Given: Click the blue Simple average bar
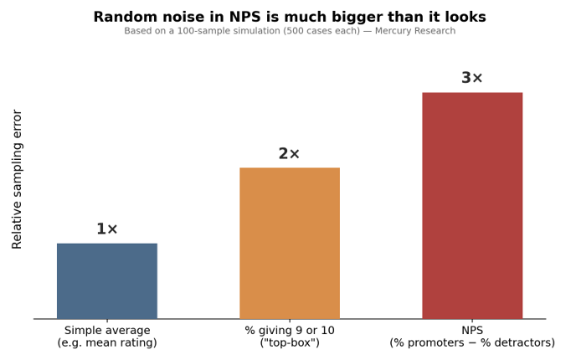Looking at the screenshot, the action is (x=107, y=281).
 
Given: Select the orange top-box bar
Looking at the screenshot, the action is (x=290, y=243).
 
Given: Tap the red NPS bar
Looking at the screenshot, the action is (x=472, y=206).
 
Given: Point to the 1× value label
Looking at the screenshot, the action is (x=107, y=229).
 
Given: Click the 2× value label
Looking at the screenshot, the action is (x=289, y=153).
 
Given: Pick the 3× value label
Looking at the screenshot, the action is (x=472, y=78).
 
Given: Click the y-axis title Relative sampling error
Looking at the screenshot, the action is (x=17, y=179).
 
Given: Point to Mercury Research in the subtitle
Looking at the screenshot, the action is (x=415, y=31).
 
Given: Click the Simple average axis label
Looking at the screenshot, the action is (x=107, y=331).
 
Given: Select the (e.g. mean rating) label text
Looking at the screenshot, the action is (x=107, y=342).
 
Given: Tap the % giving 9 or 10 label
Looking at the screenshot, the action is (x=290, y=330).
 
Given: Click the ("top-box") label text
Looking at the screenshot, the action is (x=290, y=342).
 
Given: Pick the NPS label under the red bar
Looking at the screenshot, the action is (x=472, y=330).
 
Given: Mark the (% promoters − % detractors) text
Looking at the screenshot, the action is (x=472, y=342).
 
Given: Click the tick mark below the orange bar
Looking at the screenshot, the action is (x=290, y=321).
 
